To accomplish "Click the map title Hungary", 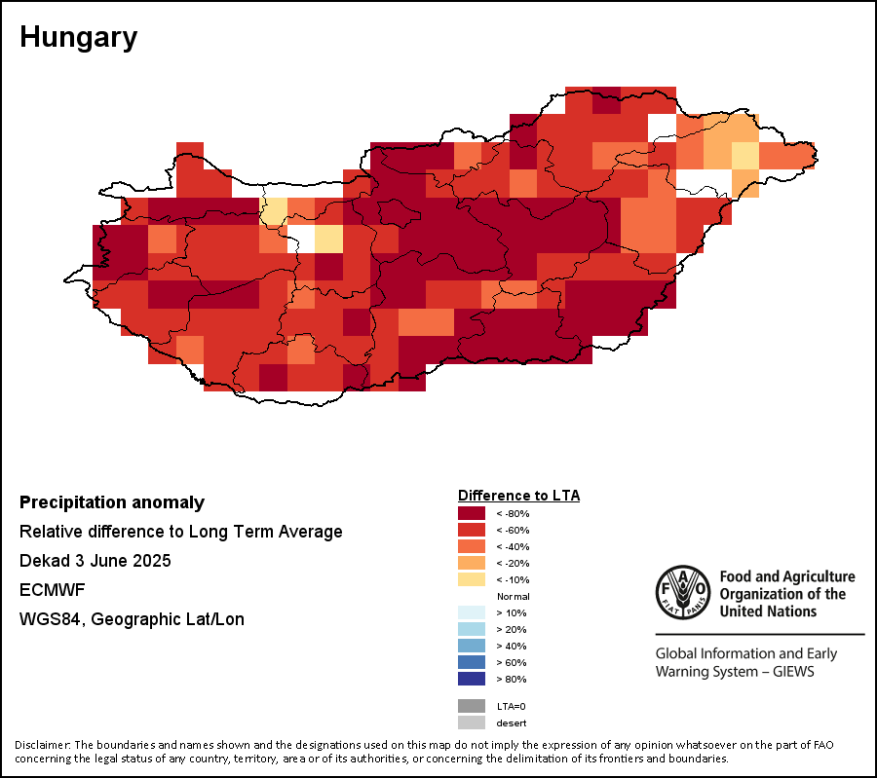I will click(x=78, y=38).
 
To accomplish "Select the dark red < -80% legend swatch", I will click(x=472, y=513).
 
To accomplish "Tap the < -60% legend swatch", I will click(x=472, y=530).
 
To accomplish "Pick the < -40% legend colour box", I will click(x=472, y=546).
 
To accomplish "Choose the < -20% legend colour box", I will click(x=472, y=563).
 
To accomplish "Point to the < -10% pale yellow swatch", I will click(x=472, y=579).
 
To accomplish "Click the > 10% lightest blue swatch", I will click(x=472, y=612).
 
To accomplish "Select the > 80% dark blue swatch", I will click(x=472, y=679).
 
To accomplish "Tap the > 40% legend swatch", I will click(x=472, y=646).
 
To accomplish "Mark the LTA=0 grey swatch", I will click(x=472, y=706).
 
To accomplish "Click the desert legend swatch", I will click(x=472, y=722).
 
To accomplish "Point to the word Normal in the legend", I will click(x=513, y=596).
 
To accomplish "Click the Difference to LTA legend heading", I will click(x=518, y=496).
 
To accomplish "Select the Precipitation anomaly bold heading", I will click(x=112, y=502).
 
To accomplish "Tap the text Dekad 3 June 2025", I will click(x=95, y=561).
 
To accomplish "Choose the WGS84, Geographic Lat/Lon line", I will click(x=132, y=619).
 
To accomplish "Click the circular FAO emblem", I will click(x=683, y=592).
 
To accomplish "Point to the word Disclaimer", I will click(x=42, y=745).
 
